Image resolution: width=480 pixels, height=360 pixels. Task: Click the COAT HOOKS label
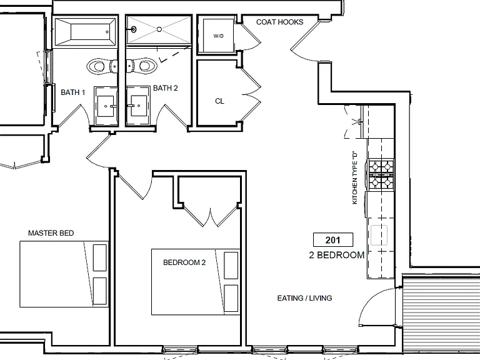[279, 22]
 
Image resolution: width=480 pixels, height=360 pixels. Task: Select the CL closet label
[219, 101]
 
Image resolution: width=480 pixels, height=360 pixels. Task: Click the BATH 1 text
[73, 92]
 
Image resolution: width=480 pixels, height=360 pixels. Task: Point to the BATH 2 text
[165, 88]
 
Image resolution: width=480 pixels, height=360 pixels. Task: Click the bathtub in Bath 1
[85, 31]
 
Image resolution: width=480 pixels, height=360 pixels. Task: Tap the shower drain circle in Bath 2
[159, 29]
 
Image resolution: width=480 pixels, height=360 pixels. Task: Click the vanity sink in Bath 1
[106, 106]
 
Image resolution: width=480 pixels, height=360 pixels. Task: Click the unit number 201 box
[333, 240]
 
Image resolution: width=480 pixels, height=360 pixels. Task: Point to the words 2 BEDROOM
[337, 255]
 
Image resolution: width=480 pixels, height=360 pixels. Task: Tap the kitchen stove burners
[381, 175]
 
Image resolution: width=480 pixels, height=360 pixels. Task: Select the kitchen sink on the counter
[379, 235]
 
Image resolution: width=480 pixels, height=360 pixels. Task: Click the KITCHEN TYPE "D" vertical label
[355, 177]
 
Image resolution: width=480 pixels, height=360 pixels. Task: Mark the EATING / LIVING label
[304, 298]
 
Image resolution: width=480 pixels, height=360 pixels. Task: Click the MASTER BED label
[51, 233]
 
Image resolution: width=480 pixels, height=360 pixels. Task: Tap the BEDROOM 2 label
[184, 262]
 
